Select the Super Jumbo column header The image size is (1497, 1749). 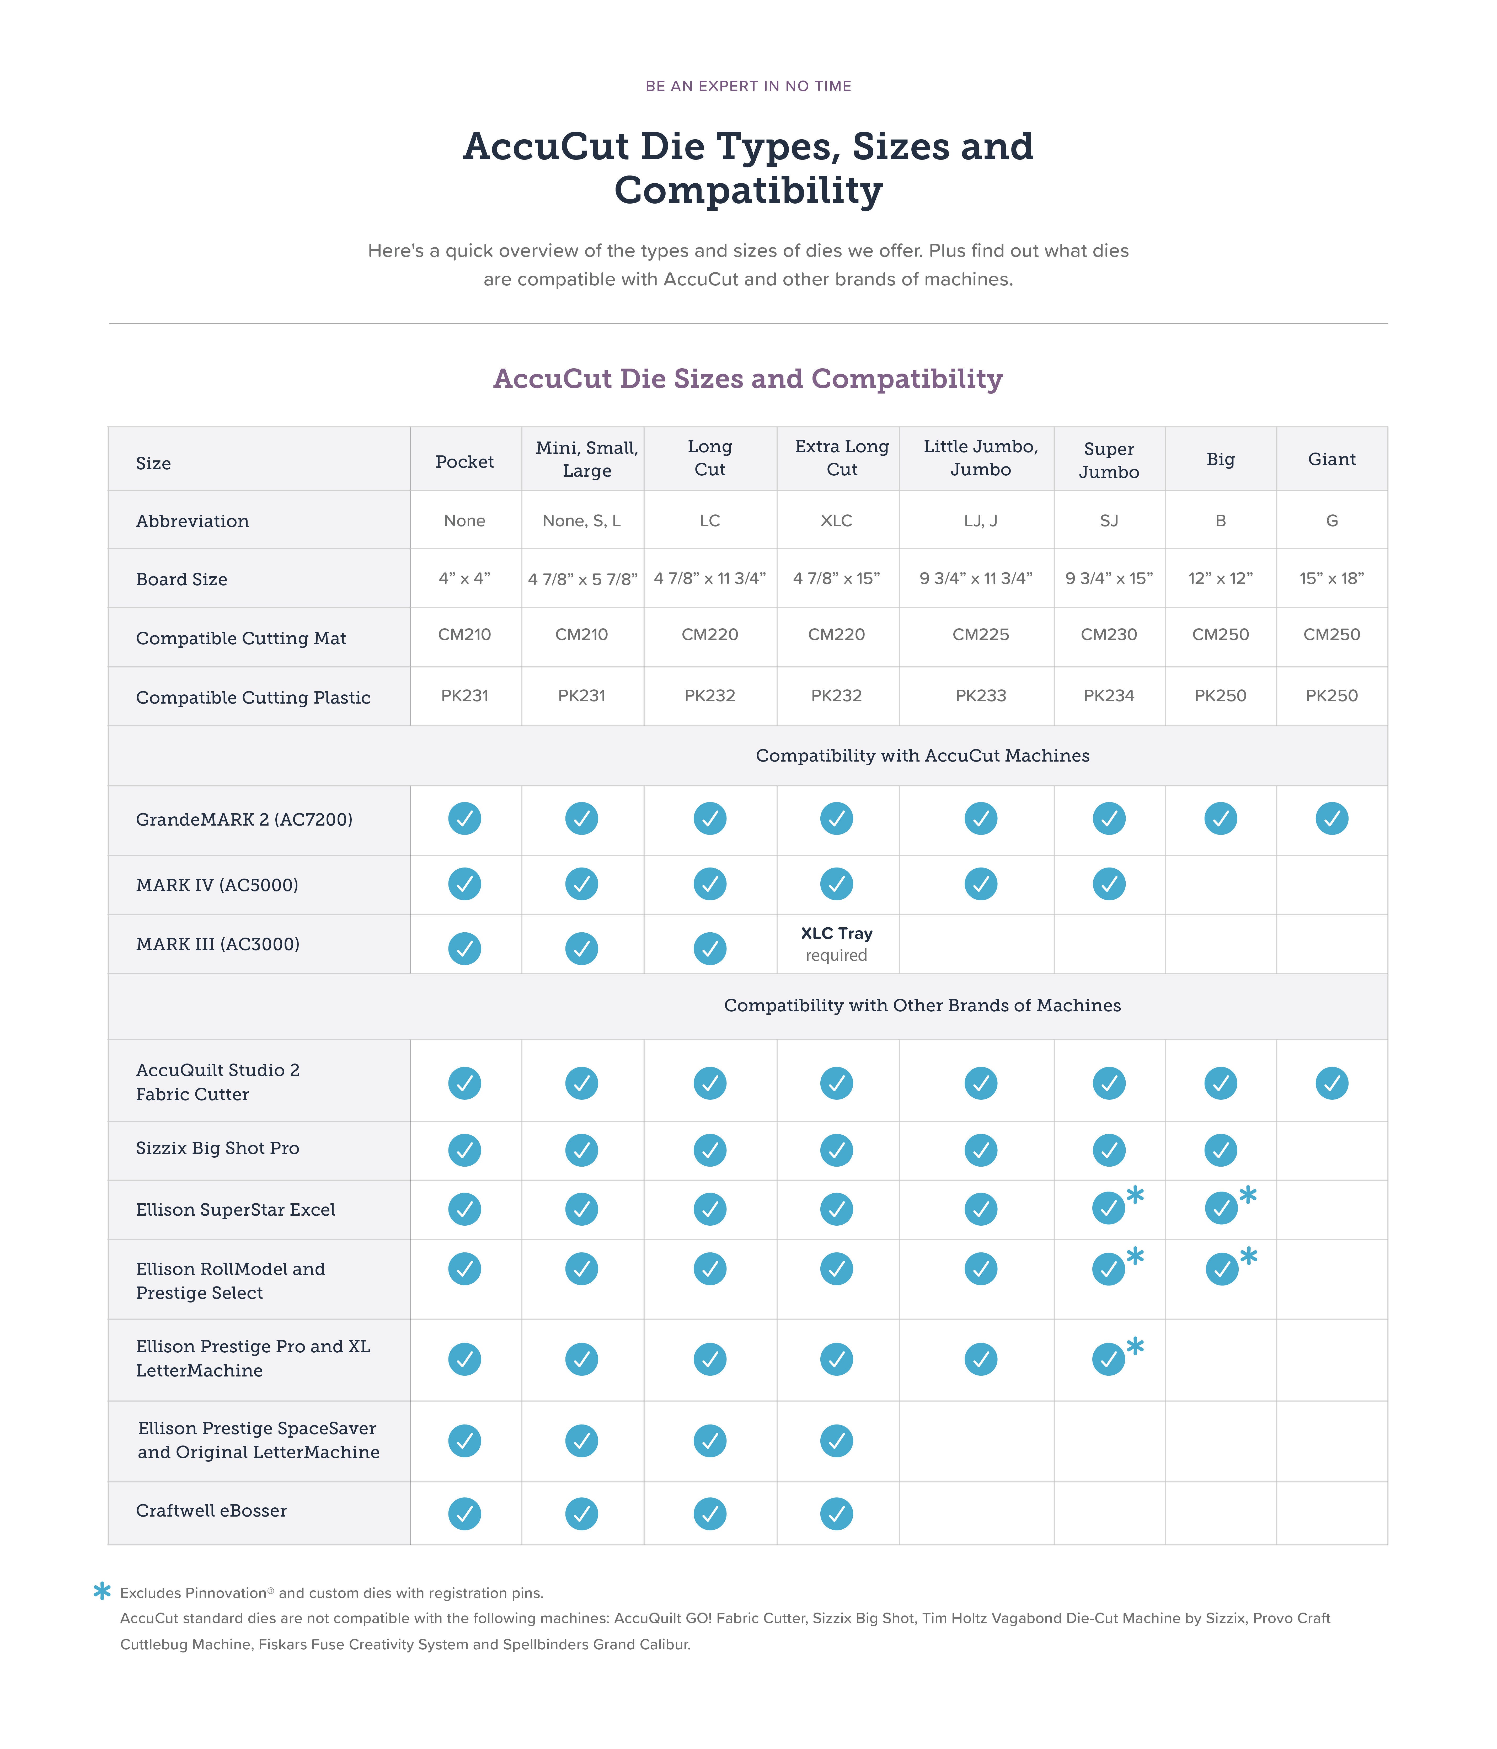[1109, 460]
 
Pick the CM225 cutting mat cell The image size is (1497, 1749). [981, 635]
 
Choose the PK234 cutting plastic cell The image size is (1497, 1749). [1109, 695]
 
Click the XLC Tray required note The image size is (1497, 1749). [836, 944]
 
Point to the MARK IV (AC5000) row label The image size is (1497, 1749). [217, 885]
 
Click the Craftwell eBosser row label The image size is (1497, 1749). [211, 1510]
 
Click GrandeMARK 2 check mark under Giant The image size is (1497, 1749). [1332, 818]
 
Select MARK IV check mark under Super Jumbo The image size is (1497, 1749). [1109, 884]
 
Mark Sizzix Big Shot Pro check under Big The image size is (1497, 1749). [1220, 1150]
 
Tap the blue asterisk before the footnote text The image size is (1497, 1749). [102, 1591]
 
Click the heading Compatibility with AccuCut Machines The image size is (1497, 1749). [922, 756]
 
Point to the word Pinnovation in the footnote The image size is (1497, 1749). [225, 1593]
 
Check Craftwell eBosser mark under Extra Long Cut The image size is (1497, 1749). [836, 1513]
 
